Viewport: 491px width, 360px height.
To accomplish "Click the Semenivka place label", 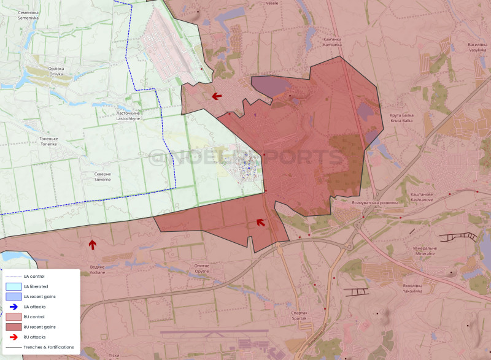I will [x=28, y=15].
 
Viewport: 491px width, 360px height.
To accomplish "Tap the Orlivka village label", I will [x=60, y=71].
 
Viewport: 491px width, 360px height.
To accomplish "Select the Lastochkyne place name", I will [x=128, y=116].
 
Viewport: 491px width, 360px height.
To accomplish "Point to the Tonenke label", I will [x=48, y=141].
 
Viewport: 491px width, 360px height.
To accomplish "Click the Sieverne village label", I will [x=103, y=177].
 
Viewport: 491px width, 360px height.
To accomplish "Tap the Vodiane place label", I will [x=97, y=270].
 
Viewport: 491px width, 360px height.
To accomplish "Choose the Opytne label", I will [x=202, y=269].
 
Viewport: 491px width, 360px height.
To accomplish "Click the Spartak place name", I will [x=300, y=315].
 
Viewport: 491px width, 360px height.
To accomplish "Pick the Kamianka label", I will [x=332, y=42].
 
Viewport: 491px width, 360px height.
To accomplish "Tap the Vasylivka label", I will [x=477, y=47].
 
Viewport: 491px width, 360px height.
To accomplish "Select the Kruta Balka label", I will [x=401, y=118].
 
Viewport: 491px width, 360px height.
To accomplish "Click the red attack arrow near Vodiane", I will [x=92, y=245].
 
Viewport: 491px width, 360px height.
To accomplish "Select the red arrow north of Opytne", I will [x=261, y=222].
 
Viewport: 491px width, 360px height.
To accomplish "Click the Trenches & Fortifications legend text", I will [x=49, y=347].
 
